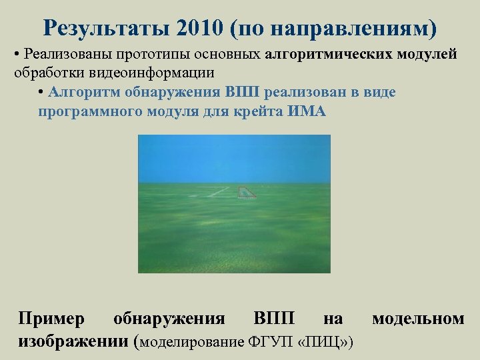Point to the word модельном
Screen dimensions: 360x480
(418, 319)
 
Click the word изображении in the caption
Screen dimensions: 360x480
(73, 341)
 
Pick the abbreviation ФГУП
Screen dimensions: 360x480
(267, 343)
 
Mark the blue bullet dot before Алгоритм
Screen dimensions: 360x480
(41, 92)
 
